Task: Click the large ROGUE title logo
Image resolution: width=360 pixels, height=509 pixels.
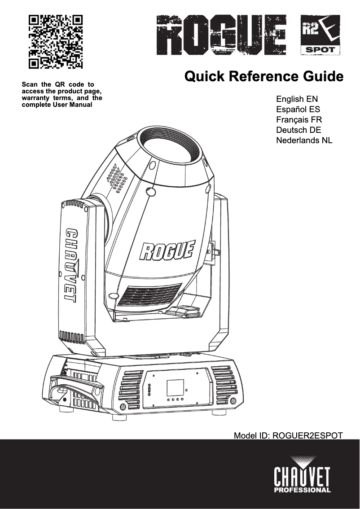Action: click(222, 35)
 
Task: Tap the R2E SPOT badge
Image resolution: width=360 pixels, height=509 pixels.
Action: click(320, 35)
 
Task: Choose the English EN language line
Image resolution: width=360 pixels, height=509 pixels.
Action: click(297, 99)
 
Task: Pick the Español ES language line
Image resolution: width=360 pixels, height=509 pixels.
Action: click(298, 110)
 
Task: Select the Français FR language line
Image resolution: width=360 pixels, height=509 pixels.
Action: click(299, 120)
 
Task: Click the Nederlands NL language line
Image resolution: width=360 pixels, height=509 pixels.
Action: click(304, 140)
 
